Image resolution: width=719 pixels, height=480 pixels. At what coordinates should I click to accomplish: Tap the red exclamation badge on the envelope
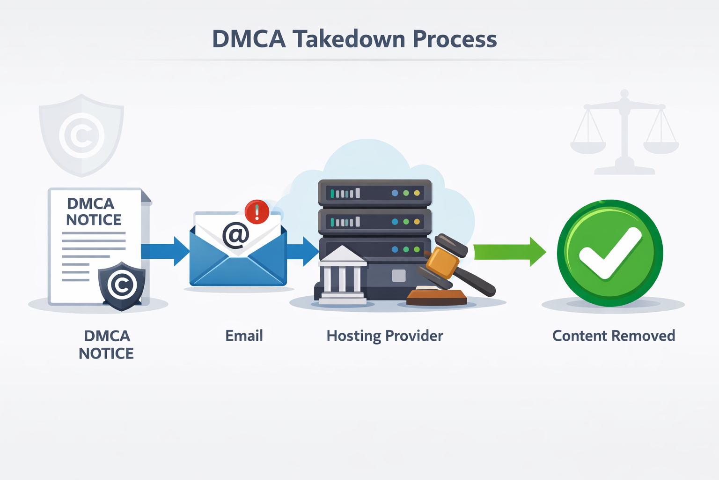pos(257,211)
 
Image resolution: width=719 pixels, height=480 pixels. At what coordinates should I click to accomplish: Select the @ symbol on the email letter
pos(235,235)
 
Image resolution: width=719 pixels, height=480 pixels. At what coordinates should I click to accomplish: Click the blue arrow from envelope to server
pos(302,251)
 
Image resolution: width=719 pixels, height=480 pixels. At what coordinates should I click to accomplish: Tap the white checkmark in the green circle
pos(609,253)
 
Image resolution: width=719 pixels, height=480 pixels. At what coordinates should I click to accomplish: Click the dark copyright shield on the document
pos(122,285)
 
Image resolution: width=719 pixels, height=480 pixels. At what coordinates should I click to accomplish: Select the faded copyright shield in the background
pos(81,135)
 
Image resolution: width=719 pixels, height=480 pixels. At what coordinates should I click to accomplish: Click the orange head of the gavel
pos(443,263)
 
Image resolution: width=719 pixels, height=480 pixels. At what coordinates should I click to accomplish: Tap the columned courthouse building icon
pos(342,276)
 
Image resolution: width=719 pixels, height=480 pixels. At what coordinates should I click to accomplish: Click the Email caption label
pos(244,336)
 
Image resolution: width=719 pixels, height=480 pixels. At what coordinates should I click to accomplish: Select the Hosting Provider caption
pos(384,336)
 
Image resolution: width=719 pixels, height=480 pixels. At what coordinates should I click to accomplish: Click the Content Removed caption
pos(613,336)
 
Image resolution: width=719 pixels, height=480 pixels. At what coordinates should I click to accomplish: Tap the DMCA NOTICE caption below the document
pos(106,345)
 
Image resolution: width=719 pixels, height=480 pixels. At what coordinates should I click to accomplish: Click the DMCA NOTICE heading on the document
pos(93,211)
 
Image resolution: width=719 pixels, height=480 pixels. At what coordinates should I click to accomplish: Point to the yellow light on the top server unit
pos(417,193)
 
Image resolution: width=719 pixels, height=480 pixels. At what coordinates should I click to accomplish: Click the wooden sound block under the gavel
pos(436,298)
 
